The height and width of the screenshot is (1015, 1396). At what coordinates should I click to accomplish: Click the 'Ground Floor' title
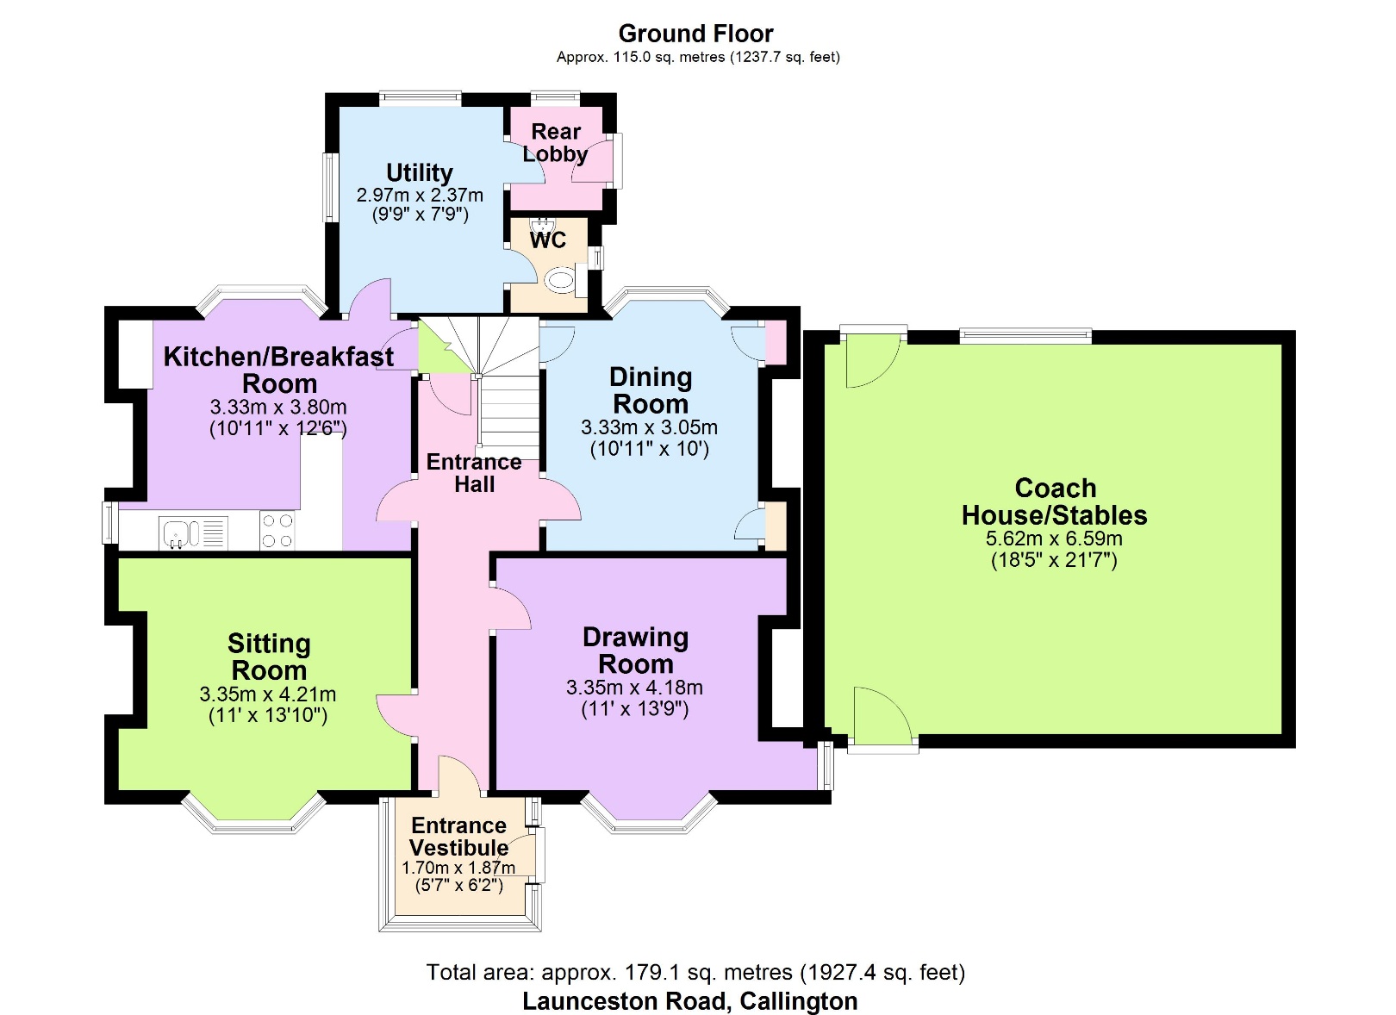click(695, 34)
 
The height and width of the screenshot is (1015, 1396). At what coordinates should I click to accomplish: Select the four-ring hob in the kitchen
click(277, 531)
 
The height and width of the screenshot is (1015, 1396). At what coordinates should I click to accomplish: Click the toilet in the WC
click(560, 279)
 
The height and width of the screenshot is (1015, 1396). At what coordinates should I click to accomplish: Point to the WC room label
click(548, 240)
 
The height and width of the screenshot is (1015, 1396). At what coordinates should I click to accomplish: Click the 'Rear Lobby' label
click(556, 143)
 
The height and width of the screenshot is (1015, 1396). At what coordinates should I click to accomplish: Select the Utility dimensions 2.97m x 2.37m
click(420, 196)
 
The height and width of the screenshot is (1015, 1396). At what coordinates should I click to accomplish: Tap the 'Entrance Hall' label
click(474, 473)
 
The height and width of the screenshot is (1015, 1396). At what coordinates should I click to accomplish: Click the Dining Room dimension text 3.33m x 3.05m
click(649, 427)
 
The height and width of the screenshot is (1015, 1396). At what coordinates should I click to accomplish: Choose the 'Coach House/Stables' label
click(1055, 501)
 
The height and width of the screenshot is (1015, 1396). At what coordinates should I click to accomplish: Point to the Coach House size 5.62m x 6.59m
click(1054, 539)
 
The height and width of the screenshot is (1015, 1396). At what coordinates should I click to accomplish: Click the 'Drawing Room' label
click(635, 651)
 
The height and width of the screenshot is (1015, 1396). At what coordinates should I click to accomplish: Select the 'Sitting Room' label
click(269, 657)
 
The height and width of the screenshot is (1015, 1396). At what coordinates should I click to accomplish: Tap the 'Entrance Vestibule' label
click(458, 837)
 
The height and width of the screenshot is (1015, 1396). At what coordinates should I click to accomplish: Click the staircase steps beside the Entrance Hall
click(508, 414)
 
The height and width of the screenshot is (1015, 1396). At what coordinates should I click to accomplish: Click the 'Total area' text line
click(695, 973)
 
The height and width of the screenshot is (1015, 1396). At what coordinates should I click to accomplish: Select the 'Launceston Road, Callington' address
click(689, 1001)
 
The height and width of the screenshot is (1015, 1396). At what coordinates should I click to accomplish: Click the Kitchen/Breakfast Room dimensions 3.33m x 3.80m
click(278, 407)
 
